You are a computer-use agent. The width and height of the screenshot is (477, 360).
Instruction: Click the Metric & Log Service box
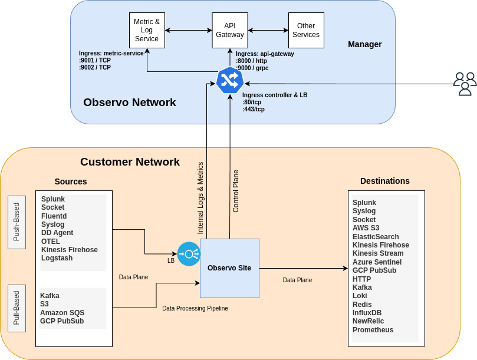click(147, 31)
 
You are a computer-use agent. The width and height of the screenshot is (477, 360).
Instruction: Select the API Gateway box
click(229, 31)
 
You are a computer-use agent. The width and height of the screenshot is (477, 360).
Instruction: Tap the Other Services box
click(306, 31)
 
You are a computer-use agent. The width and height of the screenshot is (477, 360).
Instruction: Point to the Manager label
click(364, 44)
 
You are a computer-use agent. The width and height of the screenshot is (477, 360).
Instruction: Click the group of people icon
click(465, 83)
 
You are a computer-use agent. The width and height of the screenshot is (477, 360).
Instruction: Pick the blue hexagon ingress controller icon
click(229, 81)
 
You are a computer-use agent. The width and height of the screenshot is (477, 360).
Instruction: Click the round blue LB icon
click(189, 254)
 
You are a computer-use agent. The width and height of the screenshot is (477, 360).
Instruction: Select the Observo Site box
click(229, 268)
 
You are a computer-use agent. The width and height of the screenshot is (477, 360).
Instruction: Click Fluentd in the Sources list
click(54, 216)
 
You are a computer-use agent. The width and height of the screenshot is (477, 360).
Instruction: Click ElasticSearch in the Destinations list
click(376, 237)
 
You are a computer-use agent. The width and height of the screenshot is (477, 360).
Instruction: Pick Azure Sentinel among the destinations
click(377, 262)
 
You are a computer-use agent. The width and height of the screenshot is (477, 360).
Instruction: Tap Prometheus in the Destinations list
click(373, 330)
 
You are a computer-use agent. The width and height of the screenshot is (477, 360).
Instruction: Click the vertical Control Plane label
click(236, 191)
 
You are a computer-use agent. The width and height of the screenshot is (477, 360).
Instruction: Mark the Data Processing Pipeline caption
click(195, 308)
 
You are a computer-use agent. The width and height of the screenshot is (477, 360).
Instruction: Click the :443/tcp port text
click(253, 109)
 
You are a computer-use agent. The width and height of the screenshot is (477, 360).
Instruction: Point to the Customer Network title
click(130, 162)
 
